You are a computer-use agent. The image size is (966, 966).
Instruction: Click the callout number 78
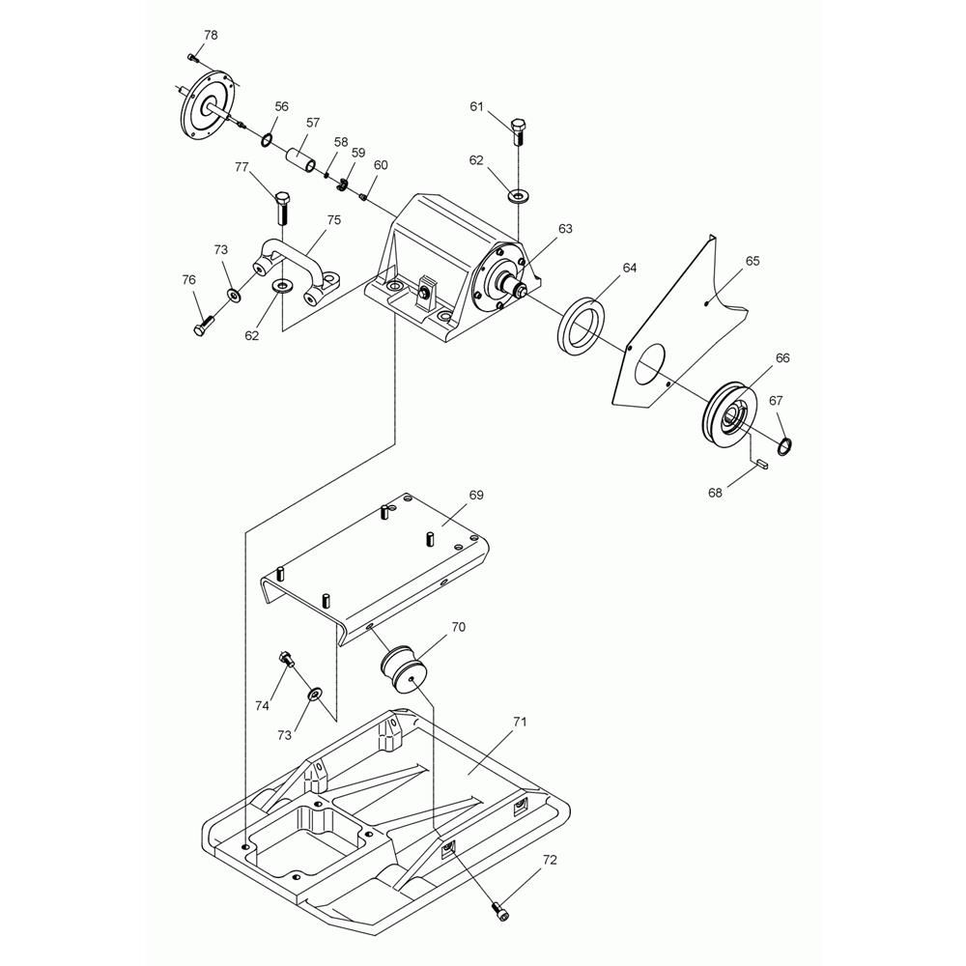(210, 35)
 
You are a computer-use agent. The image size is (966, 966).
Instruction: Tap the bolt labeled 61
(518, 131)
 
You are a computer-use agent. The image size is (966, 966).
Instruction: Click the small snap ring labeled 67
(786, 444)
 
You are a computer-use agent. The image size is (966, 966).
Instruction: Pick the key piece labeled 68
(760, 463)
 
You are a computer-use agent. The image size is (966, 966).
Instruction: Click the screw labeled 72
(498, 909)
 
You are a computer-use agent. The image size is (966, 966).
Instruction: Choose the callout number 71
(520, 723)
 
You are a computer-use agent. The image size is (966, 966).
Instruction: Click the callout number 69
(476, 495)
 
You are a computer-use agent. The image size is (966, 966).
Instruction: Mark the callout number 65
(753, 261)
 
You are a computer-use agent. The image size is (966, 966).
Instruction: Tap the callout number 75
(333, 220)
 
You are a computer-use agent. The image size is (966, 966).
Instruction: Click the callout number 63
(565, 229)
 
